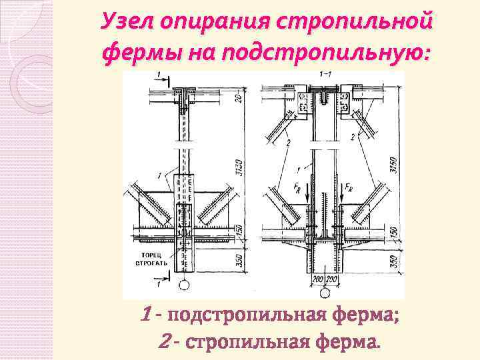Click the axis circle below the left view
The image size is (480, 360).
pos(183,287)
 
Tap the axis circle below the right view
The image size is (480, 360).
pos(325,293)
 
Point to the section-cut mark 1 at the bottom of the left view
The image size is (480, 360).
pos(158,283)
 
